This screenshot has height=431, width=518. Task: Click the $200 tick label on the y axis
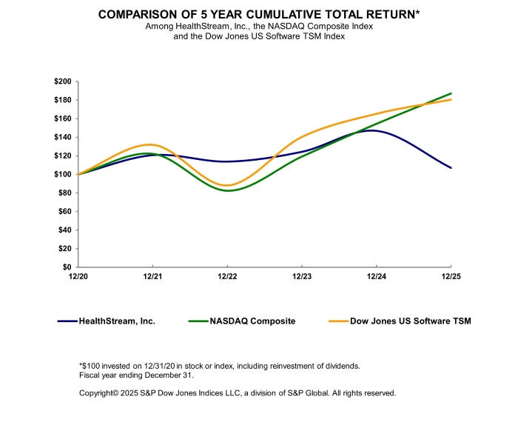pos(63,81)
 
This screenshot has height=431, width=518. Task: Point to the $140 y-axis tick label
pos(63,137)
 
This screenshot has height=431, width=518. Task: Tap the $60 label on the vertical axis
pos(65,211)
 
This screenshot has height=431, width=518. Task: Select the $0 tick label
pos(67,267)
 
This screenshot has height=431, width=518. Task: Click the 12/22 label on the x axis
pos(227,277)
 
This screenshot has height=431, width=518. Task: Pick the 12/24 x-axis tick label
pos(376,277)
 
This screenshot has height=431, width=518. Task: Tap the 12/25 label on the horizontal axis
pos(451,277)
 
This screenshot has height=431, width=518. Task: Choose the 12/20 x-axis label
pos(78,277)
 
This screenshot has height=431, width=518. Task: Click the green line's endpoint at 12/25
pos(451,93)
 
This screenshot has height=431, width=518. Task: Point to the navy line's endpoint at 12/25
pos(451,168)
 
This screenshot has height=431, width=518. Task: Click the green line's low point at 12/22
pos(227,190)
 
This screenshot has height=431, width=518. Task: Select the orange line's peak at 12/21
pos(151,144)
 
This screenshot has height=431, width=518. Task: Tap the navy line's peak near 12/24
pos(370,130)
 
